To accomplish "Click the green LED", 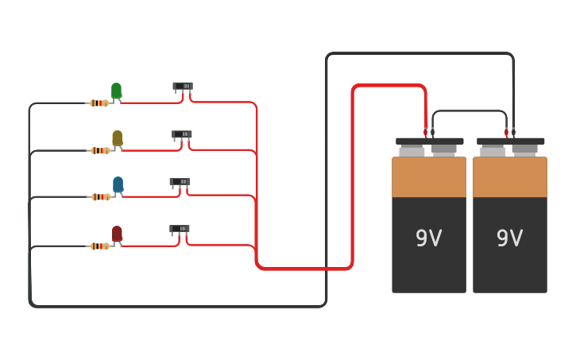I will point(116,91).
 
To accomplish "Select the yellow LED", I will point(117,138).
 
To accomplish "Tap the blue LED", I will point(118,184).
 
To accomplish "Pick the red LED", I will point(117,233).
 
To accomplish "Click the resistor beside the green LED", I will point(99,103).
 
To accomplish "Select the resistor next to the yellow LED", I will point(99,150).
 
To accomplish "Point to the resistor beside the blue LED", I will point(99,197).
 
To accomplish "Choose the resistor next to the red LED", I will point(99,246).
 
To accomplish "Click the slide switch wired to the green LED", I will point(183,87).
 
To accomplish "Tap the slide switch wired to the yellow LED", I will point(182,134).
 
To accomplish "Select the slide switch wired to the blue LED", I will point(180,182).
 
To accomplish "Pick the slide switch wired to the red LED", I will point(180,229).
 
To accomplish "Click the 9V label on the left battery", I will point(428,238).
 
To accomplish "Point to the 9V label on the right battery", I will point(509,238).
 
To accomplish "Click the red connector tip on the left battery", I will point(426,132).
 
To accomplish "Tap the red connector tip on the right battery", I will point(506,132).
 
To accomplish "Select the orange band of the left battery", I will point(429,177).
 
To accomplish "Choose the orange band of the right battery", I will point(510,177).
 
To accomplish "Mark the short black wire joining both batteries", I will point(469,111).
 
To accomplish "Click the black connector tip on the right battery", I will point(513,132).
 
